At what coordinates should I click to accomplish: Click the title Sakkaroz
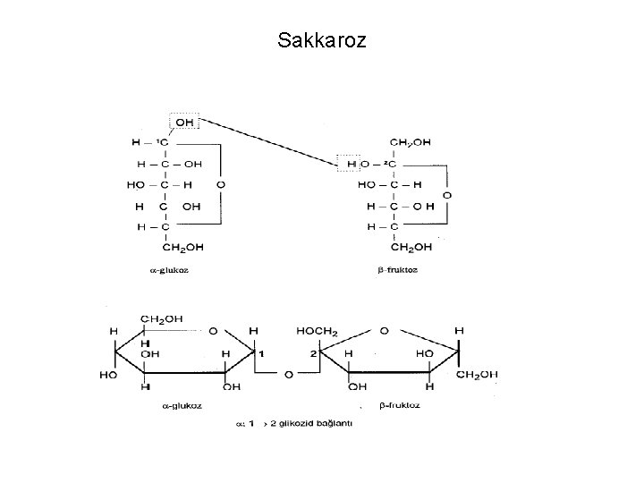pos(322,40)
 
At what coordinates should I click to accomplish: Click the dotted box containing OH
pos(185,122)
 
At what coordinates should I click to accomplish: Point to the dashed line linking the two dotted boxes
pos(268,142)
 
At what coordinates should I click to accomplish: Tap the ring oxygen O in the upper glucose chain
pos(221,184)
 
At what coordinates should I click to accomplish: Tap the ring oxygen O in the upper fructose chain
pos(447,194)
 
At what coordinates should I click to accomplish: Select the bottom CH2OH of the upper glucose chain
pos(182,247)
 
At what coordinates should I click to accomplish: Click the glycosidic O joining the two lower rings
pos(288,374)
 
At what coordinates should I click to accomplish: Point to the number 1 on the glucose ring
pos(261,354)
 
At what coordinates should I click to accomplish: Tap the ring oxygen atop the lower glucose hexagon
pos(214,331)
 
